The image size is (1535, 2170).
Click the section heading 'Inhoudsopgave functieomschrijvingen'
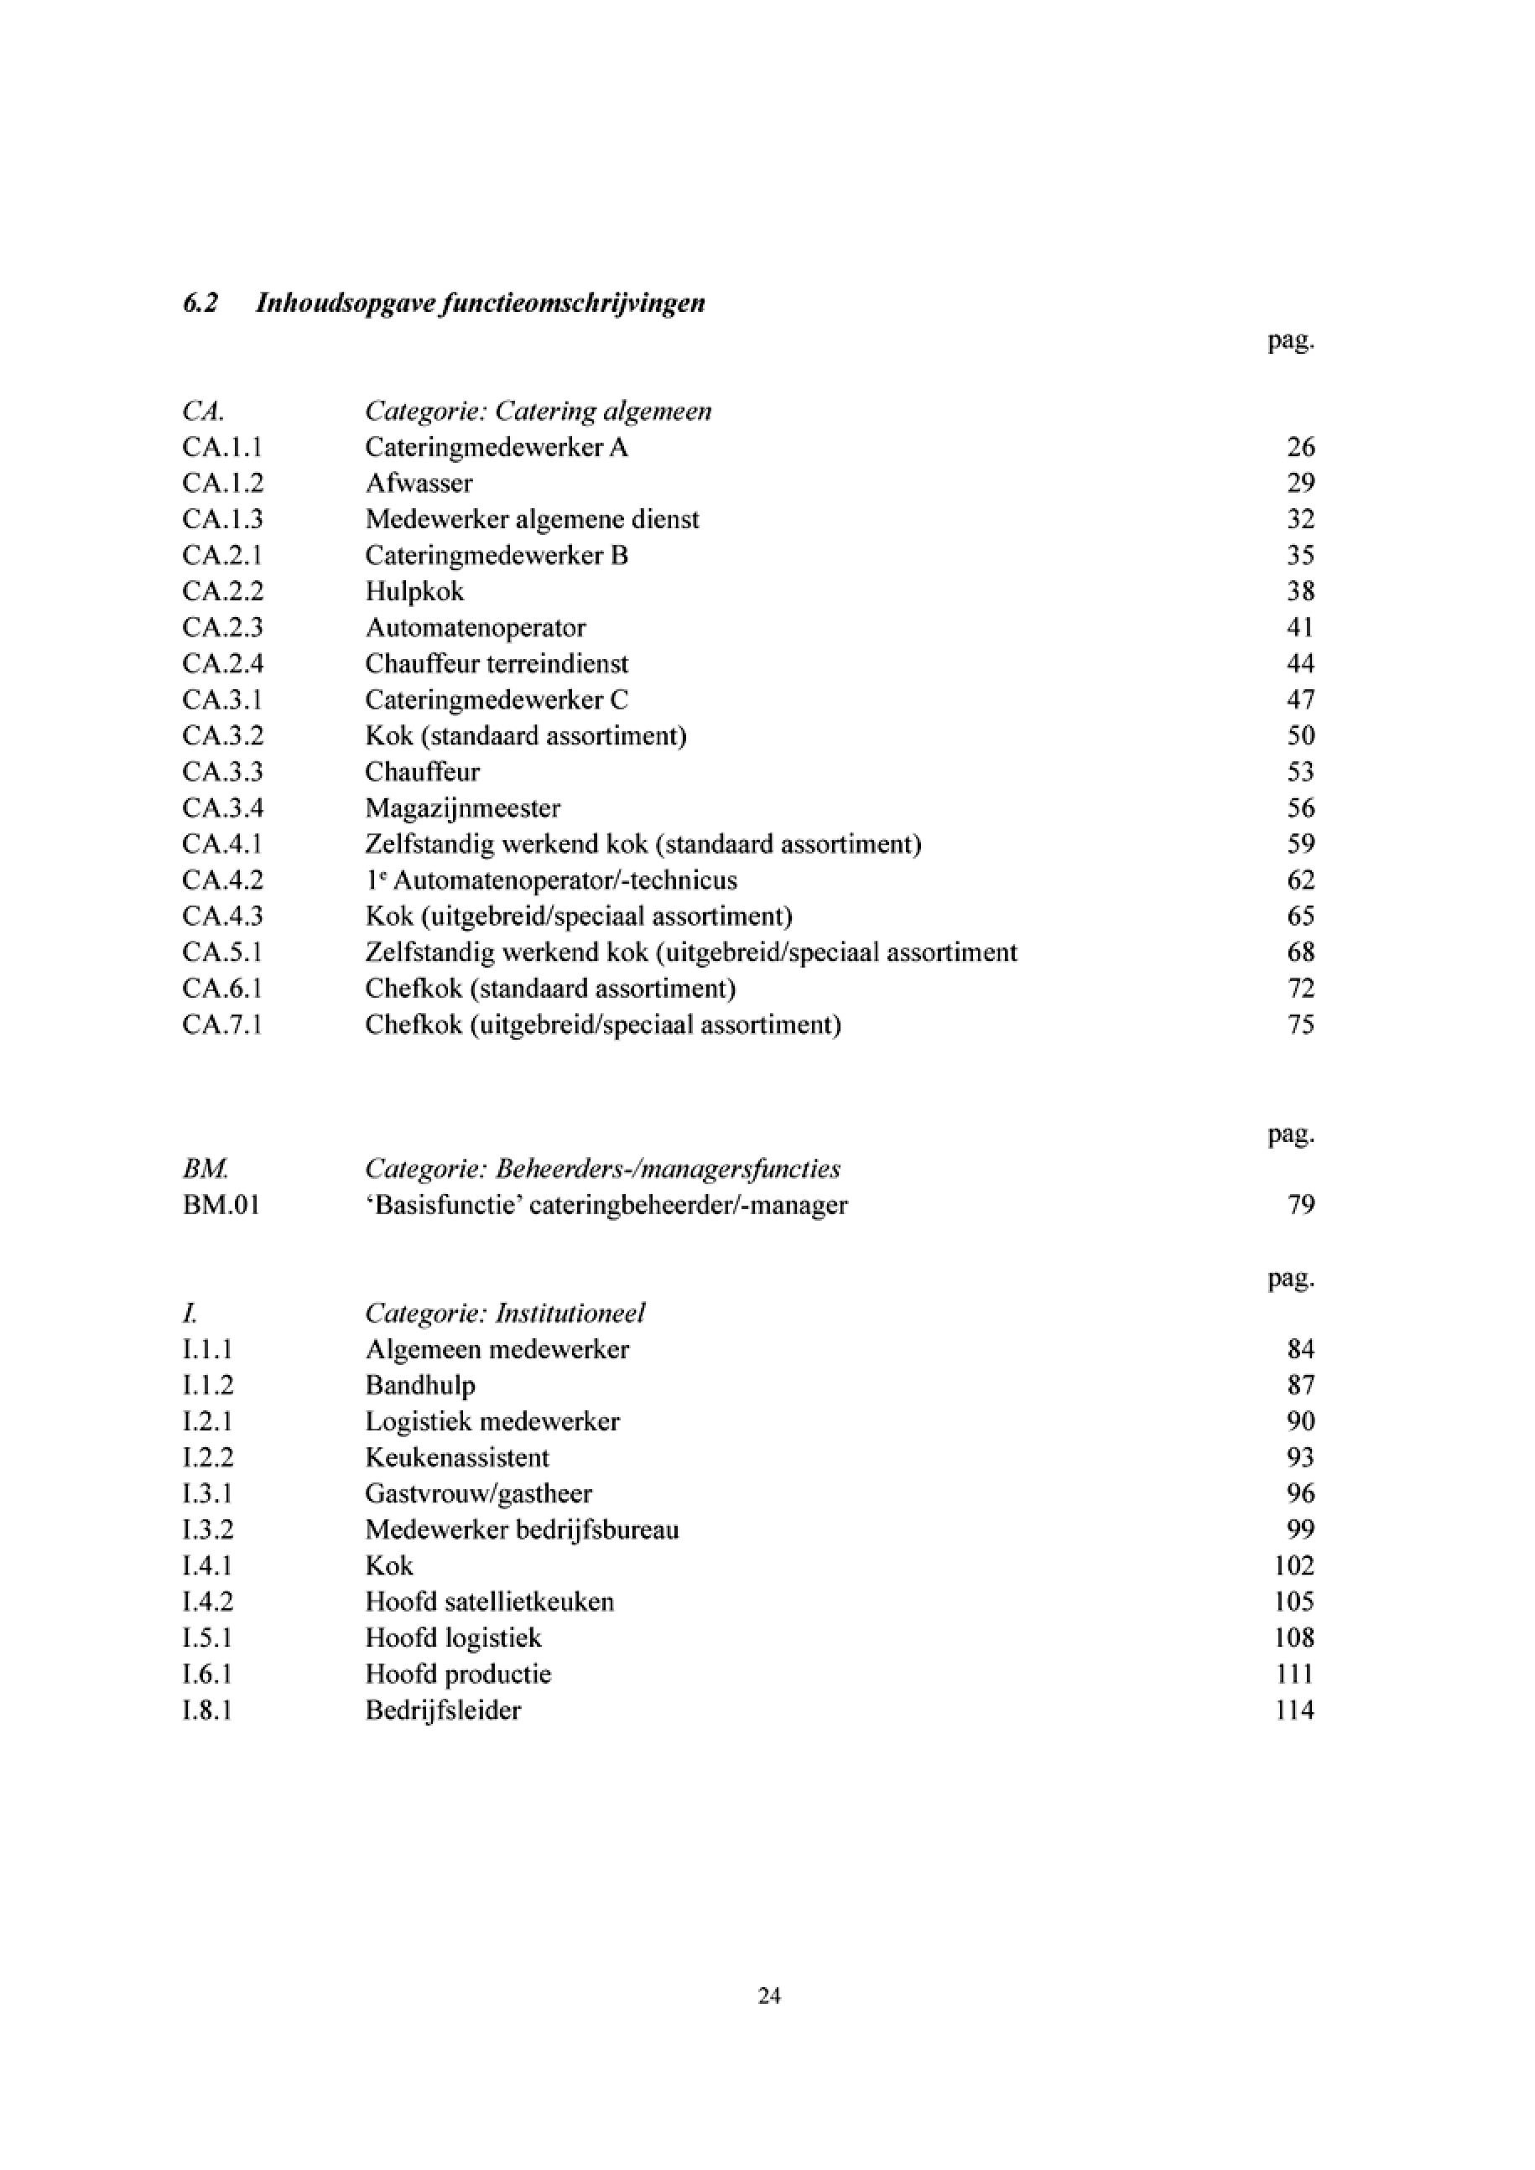(480, 304)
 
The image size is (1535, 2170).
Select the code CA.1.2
(222, 483)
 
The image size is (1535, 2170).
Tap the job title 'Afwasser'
(419, 483)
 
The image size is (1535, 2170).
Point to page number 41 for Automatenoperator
(1301, 627)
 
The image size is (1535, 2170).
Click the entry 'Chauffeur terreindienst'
(497, 663)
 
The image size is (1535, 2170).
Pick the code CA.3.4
(222, 808)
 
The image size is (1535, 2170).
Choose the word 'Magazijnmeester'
(462, 808)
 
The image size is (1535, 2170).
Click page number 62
(1301, 880)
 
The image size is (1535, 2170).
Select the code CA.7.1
(222, 1025)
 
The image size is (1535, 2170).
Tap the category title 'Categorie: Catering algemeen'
(538, 411)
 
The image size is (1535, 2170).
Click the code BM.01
(221, 1205)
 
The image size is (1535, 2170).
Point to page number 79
(1301, 1205)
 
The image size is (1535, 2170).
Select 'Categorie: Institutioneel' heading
(505, 1313)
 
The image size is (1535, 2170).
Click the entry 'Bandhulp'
(419, 1385)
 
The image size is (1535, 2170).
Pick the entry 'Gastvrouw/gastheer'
(478, 1493)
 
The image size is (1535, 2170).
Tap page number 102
(1294, 1566)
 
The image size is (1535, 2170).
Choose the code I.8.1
(207, 1710)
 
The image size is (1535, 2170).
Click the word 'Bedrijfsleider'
(442, 1710)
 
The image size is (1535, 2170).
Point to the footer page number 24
(768, 1996)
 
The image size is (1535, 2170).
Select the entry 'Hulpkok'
(414, 592)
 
